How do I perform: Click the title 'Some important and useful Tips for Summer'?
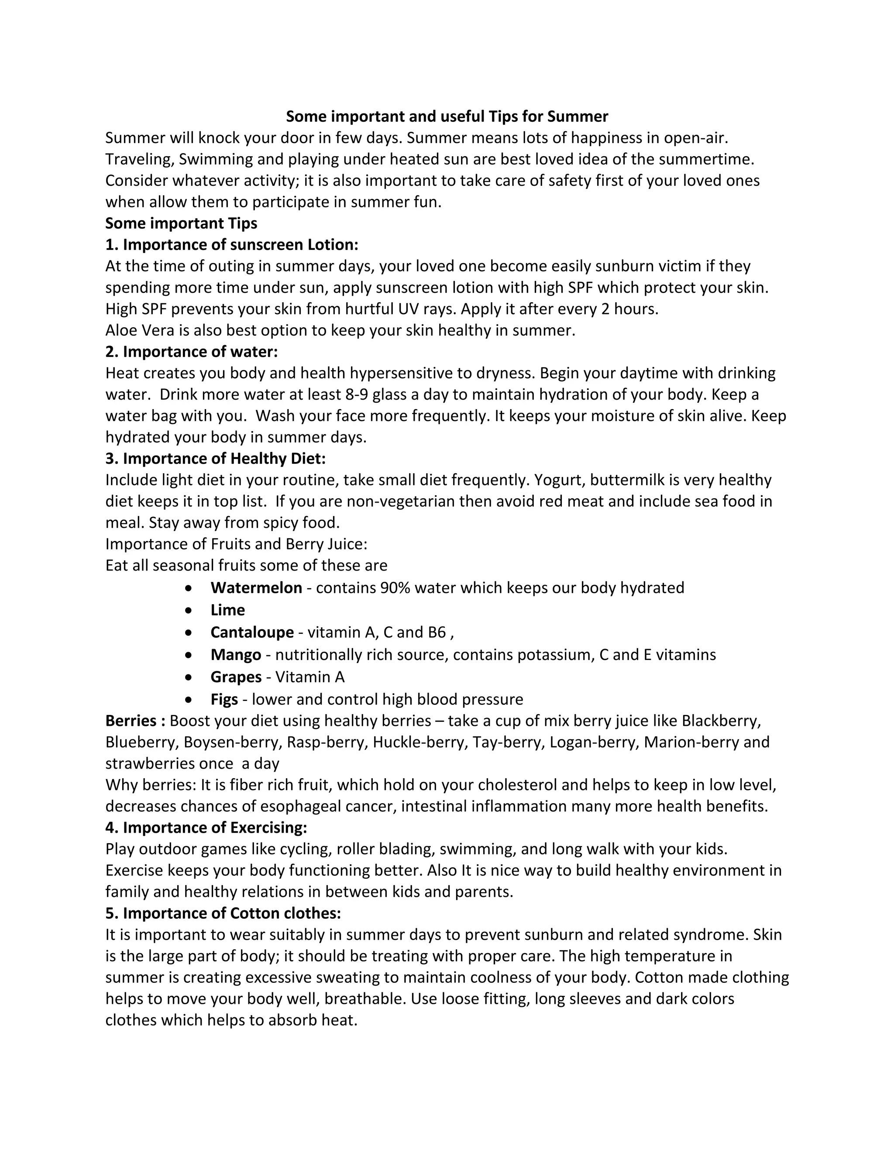coord(447,116)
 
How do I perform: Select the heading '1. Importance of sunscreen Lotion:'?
coord(232,245)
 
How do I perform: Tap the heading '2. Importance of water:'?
coord(191,352)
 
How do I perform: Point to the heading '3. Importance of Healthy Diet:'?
coord(216,458)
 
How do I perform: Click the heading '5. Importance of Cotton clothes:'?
coord(223,913)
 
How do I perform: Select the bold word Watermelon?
coord(256,588)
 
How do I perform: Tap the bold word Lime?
coord(228,610)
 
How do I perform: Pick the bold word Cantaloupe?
coord(252,632)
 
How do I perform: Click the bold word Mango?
coord(236,655)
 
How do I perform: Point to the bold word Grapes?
coord(236,677)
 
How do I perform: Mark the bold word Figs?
coord(224,699)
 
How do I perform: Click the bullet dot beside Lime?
coord(189,610)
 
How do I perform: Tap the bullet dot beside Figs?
coord(189,700)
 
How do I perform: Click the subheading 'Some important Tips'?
coord(181,223)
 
